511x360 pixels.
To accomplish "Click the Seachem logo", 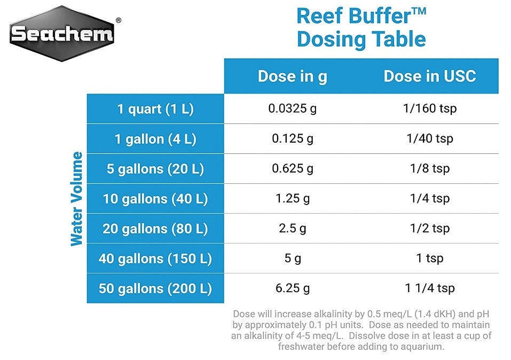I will tap(62, 34).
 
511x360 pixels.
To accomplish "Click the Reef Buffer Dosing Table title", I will tap(361, 28).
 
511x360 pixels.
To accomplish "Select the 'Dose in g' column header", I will tap(292, 76).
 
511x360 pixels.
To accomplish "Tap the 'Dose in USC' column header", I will tap(429, 76).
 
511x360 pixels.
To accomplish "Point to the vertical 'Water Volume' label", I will tap(77, 199).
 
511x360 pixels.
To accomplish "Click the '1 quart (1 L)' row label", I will tap(155, 109).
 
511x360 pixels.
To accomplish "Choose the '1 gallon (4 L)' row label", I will tap(155, 139).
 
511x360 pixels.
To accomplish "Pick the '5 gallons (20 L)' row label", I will tap(155, 169).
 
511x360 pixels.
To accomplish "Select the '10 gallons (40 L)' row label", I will tap(155, 199).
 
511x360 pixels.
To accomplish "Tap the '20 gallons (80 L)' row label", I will tap(155, 229).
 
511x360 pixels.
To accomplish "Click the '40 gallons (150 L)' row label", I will tap(155, 259).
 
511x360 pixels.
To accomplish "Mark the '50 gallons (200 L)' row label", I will tap(155, 288).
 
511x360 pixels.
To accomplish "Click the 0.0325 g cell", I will tap(292, 109).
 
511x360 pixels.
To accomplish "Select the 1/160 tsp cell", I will tap(430, 109).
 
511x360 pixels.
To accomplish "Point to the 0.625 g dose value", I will tap(292, 169).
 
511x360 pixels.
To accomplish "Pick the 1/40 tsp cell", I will tap(430, 139).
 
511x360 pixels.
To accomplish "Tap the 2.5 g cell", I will tap(292, 229).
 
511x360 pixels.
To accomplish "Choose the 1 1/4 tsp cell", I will tap(430, 288).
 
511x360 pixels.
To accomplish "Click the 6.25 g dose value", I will tap(292, 288).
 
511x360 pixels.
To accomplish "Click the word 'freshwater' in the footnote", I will tap(303, 346).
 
